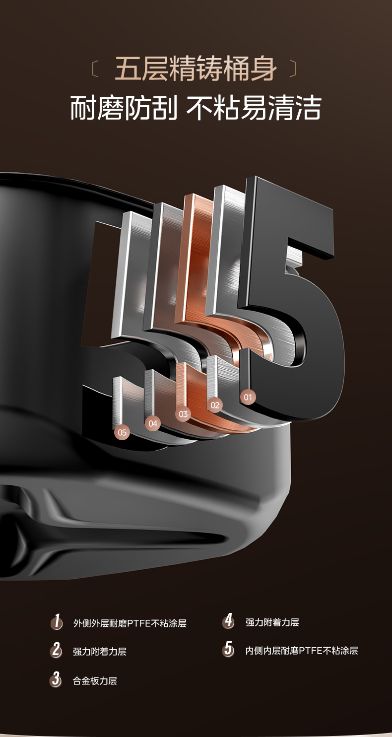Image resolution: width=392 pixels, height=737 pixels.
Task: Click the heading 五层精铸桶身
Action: coord(196,69)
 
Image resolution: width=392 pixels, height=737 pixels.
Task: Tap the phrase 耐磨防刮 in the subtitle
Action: coord(124,108)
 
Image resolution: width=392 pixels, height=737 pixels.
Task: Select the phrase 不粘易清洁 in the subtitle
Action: coord(254,108)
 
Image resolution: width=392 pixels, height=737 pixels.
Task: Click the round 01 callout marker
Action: coord(248,397)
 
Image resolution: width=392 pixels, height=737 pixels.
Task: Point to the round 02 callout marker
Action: coord(215,405)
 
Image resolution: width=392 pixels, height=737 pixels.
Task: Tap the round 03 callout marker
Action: coord(183,414)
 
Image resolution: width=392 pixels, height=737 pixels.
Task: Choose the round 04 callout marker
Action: coord(153,423)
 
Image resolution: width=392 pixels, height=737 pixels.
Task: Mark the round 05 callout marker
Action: coord(122,433)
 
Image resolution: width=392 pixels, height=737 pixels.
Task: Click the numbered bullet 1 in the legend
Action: coord(57,622)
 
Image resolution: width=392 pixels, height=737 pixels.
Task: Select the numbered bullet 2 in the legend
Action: coord(56,650)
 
